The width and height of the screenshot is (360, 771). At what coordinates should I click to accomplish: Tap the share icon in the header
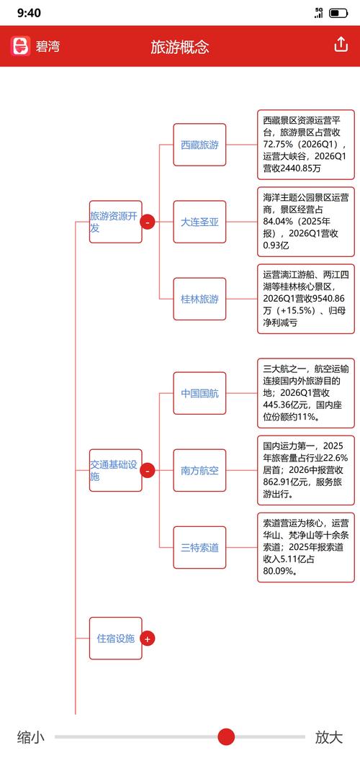pos(341,45)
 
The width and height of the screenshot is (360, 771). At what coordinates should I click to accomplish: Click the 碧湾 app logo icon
pos(21,46)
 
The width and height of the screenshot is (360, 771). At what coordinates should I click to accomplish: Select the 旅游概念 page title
pos(180,47)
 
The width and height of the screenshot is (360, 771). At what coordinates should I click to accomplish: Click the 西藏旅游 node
pos(199,145)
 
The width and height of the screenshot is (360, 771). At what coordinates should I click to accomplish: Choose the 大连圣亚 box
pos(199,222)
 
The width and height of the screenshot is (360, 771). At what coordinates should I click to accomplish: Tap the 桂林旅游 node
pos(199,299)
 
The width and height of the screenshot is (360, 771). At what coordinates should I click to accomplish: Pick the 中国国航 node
pos(199,393)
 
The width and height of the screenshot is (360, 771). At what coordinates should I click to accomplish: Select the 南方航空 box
pos(199,471)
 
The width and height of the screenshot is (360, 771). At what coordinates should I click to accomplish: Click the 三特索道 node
pos(199,547)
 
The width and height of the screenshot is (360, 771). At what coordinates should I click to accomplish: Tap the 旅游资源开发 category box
pos(116,222)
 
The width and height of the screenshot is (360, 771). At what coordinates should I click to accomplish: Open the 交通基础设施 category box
pos(116,471)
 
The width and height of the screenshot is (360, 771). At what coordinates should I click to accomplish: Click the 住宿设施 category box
pos(116,639)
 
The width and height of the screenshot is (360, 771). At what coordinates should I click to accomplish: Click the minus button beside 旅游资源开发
pos(148,222)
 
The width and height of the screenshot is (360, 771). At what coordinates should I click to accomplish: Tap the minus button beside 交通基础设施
pos(148,471)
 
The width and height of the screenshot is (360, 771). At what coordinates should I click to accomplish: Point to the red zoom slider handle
pos(226,737)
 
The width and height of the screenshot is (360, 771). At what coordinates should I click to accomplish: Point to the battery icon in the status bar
pos(338,13)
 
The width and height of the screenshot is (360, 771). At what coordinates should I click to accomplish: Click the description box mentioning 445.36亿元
pos(306,393)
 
